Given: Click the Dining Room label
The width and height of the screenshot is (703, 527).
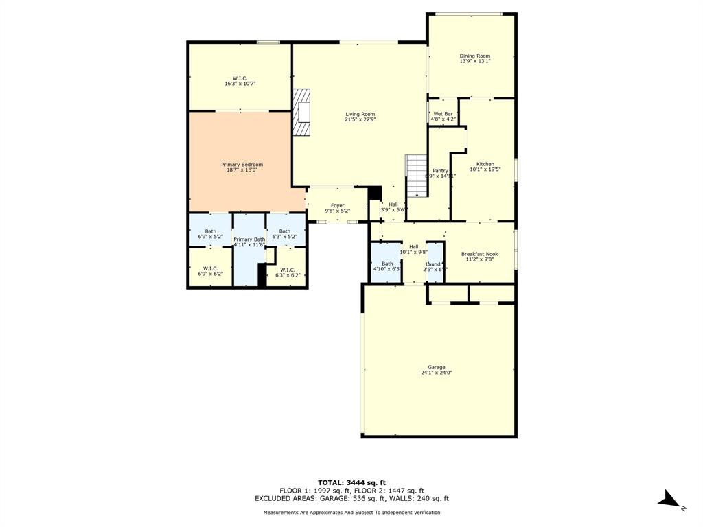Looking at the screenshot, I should coord(474,58).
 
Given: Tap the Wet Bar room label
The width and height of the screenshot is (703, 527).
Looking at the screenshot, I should coord(443,117).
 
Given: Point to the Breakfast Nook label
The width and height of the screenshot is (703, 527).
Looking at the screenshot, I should coord(479,257).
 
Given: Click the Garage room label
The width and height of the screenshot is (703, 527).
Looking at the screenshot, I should coord(437,370).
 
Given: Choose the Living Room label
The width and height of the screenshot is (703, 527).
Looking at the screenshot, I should coord(360,117).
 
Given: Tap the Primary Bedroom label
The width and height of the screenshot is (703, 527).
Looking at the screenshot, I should coord(242,167).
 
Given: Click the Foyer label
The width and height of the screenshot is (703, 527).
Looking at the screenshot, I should coord(337,208).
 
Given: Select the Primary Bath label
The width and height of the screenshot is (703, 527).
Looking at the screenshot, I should coord(249,242).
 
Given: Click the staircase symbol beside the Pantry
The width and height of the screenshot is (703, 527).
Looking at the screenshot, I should coord(417,175).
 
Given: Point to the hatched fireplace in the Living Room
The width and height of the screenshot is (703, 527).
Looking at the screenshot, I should coord(301,114).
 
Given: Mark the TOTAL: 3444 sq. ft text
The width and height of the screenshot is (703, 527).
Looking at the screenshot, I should coord(351,482).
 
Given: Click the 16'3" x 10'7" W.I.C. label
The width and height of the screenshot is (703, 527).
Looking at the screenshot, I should coord(240,81).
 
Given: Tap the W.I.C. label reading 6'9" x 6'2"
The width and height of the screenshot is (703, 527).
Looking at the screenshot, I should coord(210,271).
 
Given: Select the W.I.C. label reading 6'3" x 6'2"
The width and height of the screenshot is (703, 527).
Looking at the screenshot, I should coord(288,272).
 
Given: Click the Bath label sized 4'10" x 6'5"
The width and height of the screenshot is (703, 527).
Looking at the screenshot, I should coord(387,266).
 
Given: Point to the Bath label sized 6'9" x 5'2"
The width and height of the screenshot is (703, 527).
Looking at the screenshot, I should coord(210,234).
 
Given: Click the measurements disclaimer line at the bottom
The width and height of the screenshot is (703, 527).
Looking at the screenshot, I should coord(351,512).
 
